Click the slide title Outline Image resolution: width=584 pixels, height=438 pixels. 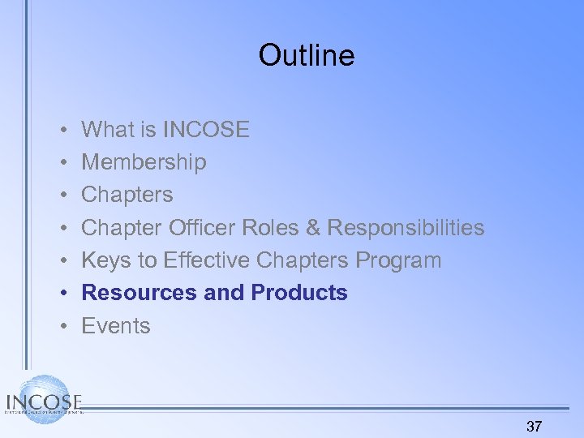tap(307, 55)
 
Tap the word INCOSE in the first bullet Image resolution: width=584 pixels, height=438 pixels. tap(206, 129)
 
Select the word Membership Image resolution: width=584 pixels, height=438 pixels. tap(144, 162)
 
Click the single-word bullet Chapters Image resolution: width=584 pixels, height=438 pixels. tap(127, 195)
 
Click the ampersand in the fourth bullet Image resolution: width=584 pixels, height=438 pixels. tap(313, 228)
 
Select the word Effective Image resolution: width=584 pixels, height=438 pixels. tap(207, 260)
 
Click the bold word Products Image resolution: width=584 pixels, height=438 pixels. tap(299, 293)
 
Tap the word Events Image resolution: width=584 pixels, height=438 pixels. tap(116, 326)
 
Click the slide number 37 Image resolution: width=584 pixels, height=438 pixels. tap(535, 426)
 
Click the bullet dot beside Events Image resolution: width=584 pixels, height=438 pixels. tap(63, 326)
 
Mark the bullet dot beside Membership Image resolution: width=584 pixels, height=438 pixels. tap(63, 162)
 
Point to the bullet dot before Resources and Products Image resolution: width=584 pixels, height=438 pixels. tap(63, 293)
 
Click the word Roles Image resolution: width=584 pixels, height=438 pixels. tap(277, 228)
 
